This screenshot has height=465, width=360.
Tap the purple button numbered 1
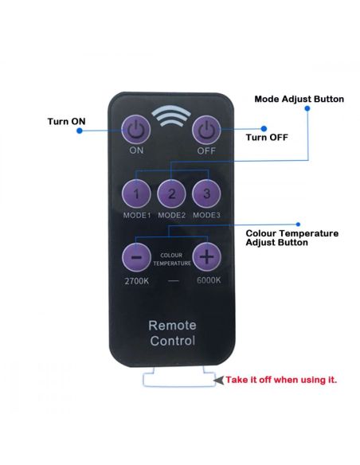pyautogui.click(x=136, y=193)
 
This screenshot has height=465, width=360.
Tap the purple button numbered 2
pyautogui.click(x=171, y=193)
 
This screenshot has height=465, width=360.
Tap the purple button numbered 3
pyautogui.click(x=206, y=193)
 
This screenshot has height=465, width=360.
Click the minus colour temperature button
pyautogui.click(x=136, y=257)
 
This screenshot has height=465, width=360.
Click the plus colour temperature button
pyautogui.click(x=207, y=257)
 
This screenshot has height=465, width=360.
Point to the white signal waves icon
pyautogui.click(x=171, y=116)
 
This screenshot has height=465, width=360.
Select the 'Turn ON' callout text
pyautogui.click(x=66, y=121)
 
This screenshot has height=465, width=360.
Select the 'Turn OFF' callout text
pyautogui.click(x=267, y=137)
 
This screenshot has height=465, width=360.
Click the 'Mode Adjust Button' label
pyautogui.click(x=299, y=99)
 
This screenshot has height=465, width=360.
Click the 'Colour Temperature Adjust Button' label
pyautogui.click(x=292, y=238)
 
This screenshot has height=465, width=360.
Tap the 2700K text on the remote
pyautogui.click(x=137, y=280)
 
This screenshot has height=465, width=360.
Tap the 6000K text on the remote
pyautogui.click(x=209, y=280)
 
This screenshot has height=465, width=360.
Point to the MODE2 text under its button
pyautogui.click(x=171, y=215)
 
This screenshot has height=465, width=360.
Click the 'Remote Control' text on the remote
pyautogui.click(x=172, y=333)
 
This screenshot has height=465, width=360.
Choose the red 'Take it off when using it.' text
pyautogui.click(x=281, y=380)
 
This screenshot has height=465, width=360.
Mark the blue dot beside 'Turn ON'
pyautogui.click(x=79, y=131)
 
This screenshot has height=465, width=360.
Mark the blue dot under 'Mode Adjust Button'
pyautogui.click(x=307, y=108)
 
